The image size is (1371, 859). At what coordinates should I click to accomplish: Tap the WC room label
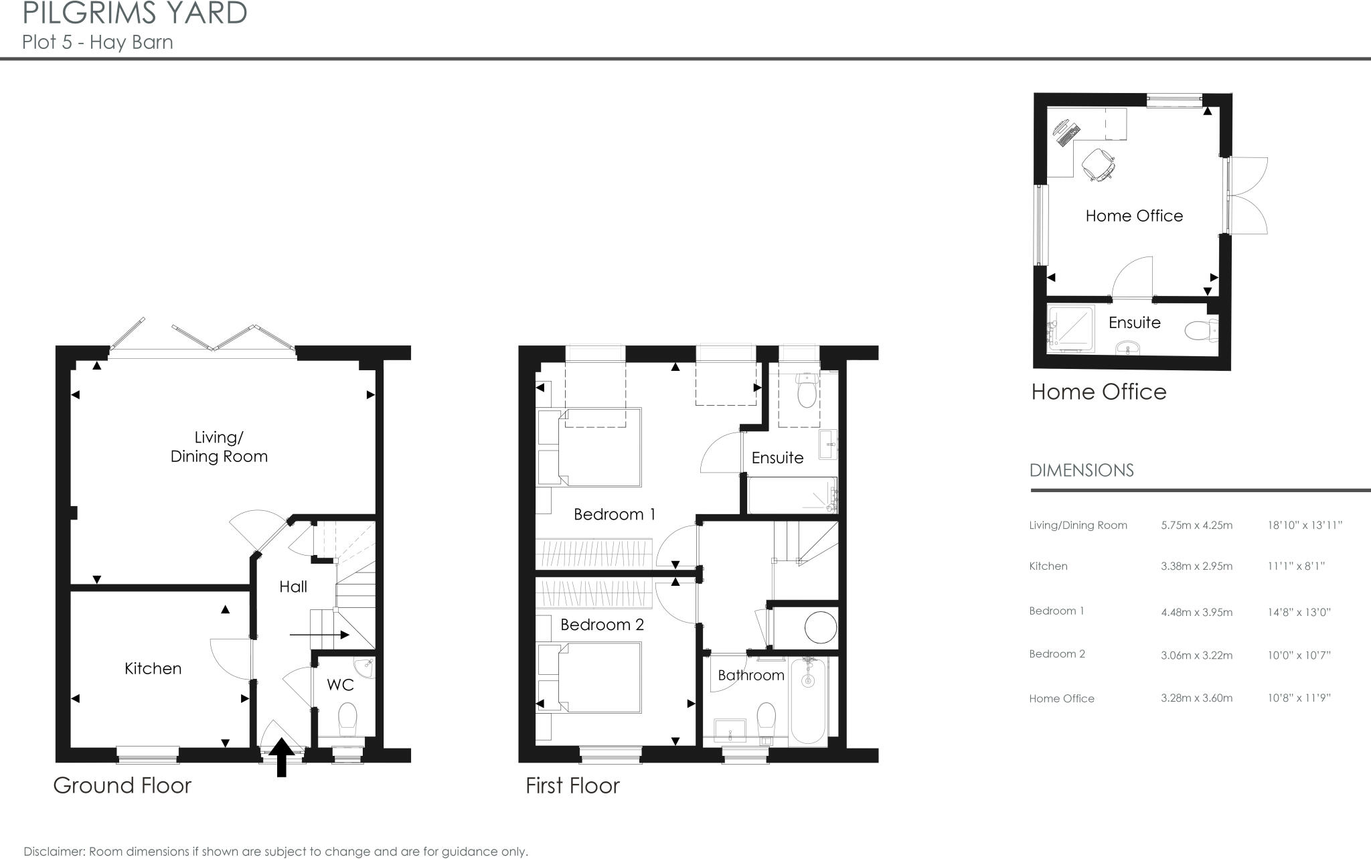(x=340, y=685)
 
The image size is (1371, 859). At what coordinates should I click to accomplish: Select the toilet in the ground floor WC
(x=347, y=719)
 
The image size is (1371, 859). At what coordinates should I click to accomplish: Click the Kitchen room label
(x=153, y=668)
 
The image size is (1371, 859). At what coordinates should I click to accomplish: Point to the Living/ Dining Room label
(x=219, y=447)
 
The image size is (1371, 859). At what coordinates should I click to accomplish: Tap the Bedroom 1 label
(x=615, y=514)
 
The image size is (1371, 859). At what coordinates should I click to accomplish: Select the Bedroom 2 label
(x=602, y=625)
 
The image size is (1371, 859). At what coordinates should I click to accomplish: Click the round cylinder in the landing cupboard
(x=820, y=628)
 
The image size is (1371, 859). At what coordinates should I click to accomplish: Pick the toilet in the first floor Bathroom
(x=766, y=719)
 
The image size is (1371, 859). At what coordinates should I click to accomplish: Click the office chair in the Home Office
(x=1099, y=164)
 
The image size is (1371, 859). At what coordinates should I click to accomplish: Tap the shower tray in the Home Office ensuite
(x=1070, y=327)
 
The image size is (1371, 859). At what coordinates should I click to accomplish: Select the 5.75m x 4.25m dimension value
(x=1196, y=526)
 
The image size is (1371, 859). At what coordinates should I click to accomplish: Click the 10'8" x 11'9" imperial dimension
(x=1299, y=698)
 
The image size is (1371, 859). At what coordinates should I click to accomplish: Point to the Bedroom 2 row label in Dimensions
(x=1056, y=654)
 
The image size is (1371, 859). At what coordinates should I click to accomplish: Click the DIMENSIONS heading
(x=1081, y=471)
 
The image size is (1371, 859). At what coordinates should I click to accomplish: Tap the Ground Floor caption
(x=123, y=785)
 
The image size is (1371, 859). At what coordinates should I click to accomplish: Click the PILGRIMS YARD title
(x=135, y=13)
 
